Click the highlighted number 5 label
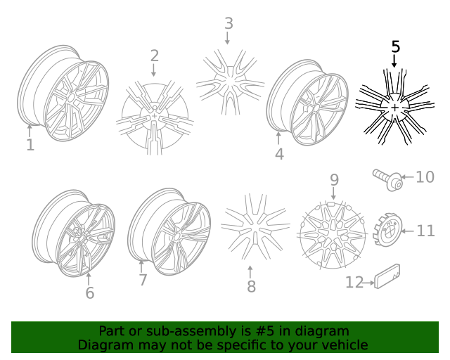(395, 46)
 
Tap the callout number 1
(30, 145)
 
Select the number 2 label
(155, 56)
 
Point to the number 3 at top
(229, 23)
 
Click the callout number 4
(279, 154)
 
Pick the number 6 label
(90, 292)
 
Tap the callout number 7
(143, 280)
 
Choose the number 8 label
(252, 286)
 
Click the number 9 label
(335, 180)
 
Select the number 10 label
(425, 177)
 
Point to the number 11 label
(425, 231)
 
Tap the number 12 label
(354, 282)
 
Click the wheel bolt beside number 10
(387, 179)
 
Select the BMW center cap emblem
(387, 229)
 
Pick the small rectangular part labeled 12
(387, 276)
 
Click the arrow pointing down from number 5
(394, 61)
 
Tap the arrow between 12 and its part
(368, 283)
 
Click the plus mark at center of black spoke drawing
(395, 108)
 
